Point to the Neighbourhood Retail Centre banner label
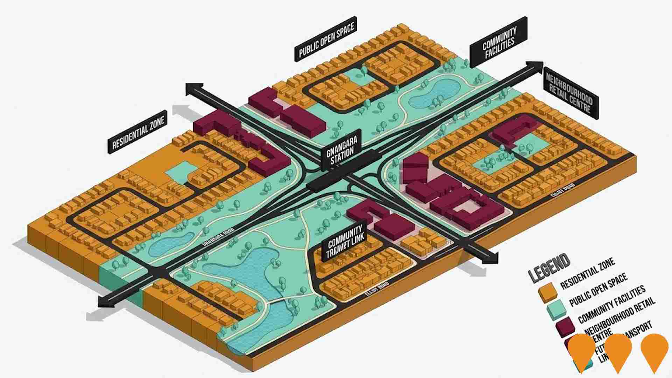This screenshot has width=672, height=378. [570, 92]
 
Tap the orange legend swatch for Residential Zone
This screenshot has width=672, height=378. [548, 292]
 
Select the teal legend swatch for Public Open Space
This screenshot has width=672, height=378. [556, 310]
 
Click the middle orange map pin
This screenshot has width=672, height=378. [618, 352]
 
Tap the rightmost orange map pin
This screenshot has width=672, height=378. [654, 352]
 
